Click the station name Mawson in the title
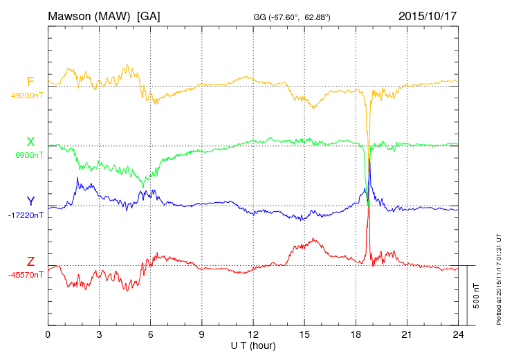coord(72,16)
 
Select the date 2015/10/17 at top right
coord(428,16)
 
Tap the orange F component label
coord(30,82)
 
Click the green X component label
coord(30,142)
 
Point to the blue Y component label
coord(30,201)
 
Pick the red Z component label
coord(30,262)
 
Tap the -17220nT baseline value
coord(26,216)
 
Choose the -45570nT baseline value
coord(26,276)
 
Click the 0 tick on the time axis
coord(48,334)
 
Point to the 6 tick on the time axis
coord(151,334)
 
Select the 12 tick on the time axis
coord(253,334)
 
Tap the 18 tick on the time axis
coord(356,334)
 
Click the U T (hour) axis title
coord(253,345)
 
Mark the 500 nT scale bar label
coord(477,296)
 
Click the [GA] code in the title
coord(149,16)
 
